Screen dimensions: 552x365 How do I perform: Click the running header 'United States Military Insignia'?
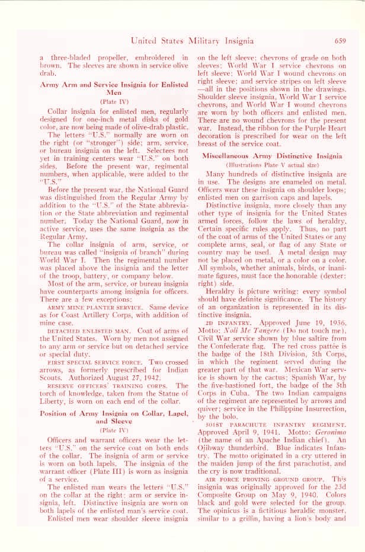[193, 41]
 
